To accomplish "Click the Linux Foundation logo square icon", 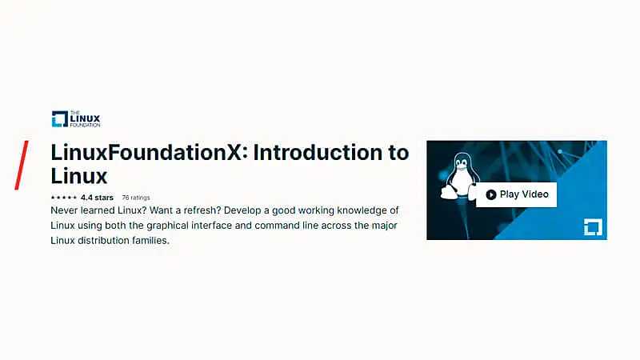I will pyautogui.click(x=59, y=119).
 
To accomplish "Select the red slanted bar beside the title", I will pyautogui.click(x=22, y=165).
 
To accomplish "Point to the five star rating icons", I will pyautogui.click(x=63, y=197).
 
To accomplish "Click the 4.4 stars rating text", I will pyautogui.click(x=97, y=197).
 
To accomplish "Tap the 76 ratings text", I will pyautogui.click(x=135, y=197).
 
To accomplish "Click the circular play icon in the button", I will pyautogui.click(x=490, y=194).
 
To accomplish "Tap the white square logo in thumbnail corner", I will pyautogui.click(x=592, y=226).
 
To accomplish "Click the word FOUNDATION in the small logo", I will pyautogui.click(x=87, y=126).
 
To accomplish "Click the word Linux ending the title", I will pyautogui.click(x=78, y=175).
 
